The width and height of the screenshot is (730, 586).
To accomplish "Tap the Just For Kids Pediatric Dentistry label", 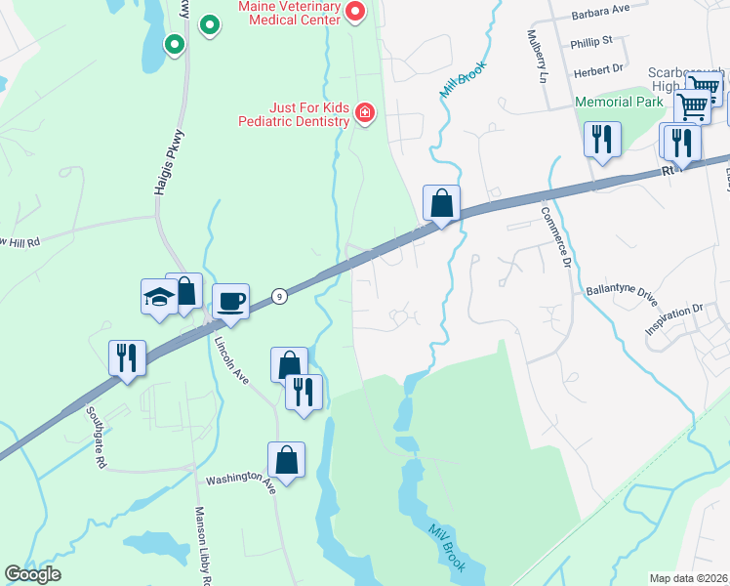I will pyautogui.click(x=295, y=114).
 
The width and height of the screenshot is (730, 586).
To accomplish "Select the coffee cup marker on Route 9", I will pyautogui.click(x=230, y=301).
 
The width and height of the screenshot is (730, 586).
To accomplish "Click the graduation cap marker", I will pyautogui.click(x=159, y=297).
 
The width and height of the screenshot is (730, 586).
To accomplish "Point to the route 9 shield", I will pyautogui.click(x=279, y=296).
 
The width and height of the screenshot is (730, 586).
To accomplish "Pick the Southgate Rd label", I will pyautogui.click(x=94, y=439).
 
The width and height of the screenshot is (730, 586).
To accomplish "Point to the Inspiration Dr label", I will pyautogui.click(x=673, y=320).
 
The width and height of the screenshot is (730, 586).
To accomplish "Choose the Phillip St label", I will pyautogui.click(x=592, y=41).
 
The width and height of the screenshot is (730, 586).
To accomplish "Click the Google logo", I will pyautogui.click(x=33, y=574).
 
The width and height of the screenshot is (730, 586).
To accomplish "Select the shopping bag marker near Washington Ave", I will pyautogui.click(x=286, y=460).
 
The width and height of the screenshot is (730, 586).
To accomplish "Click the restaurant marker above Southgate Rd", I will pyautogui.click(x=127, y=358).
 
